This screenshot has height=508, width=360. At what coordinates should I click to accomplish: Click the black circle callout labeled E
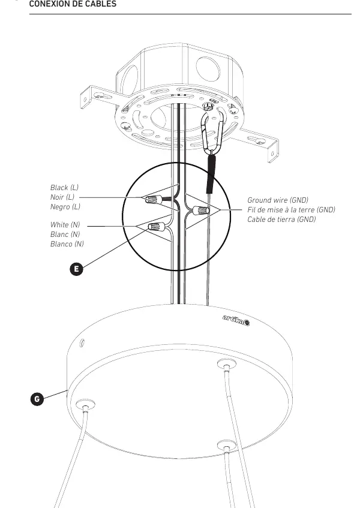(x=76, y=269)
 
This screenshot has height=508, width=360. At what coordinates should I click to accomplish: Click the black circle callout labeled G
(x=37, y=399)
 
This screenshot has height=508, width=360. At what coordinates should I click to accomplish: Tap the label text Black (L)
(x=64, y=188)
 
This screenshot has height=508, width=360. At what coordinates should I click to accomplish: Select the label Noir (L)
(x=62, y=197)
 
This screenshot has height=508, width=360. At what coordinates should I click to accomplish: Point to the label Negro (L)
(x=65, y=207)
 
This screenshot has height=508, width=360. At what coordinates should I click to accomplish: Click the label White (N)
(x=65, y=225)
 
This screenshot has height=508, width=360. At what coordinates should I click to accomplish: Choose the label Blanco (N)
(x=67, y=244)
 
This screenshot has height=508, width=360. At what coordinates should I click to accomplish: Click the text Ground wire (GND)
(x=278, y=200)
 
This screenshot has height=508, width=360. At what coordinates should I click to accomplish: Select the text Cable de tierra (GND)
(x=281, y=220)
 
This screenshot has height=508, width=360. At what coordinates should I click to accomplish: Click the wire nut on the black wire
(x=153, y=199)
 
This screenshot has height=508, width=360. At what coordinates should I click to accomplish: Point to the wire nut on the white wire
(x=157, y=226)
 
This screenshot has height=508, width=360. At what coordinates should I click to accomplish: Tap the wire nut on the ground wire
(x=201, y=211)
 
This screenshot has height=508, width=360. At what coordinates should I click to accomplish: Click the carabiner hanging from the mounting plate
(x=212, y=131)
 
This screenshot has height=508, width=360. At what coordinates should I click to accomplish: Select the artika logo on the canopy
(x=236, y=320)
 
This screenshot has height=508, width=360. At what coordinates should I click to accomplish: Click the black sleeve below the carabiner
(x=211, y=174)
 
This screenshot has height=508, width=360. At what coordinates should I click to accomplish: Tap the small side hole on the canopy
(x=82, y=343)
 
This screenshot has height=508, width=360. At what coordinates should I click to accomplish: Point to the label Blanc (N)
(x=65, y=235)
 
